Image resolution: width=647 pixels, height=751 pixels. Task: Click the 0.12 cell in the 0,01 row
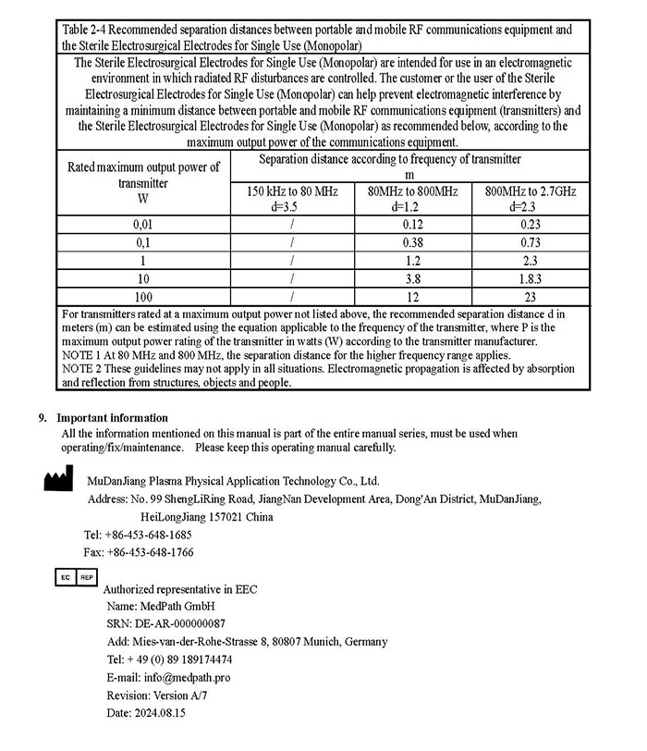[412, 223]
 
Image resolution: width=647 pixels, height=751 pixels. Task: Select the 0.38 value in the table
[412, 241]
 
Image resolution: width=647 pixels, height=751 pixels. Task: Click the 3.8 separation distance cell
[412, 278]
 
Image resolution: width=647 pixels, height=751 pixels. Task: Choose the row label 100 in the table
[143, 297]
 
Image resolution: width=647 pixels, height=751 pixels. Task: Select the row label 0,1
[143, 241]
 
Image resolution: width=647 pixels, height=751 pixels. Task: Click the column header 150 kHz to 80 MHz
[291, 198]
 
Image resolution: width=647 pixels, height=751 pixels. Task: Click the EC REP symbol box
[75, 576]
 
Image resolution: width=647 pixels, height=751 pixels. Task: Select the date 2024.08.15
[160, 713]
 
